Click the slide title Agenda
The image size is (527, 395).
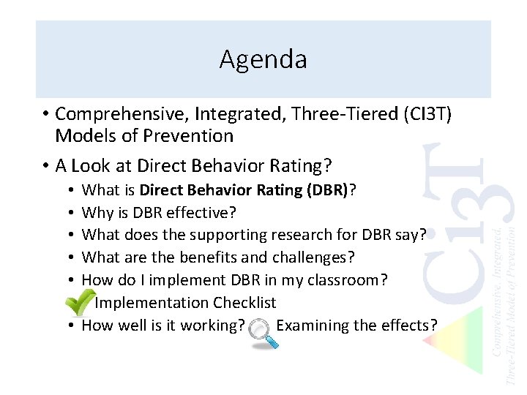pos(263,59)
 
